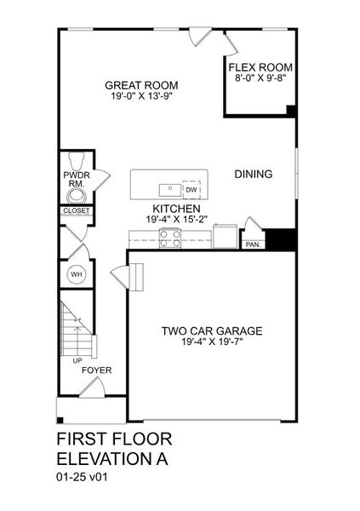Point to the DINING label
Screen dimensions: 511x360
pyautogui.click(x=253, y=174)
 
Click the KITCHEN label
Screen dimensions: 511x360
pyautogui.click(x=176, y=209)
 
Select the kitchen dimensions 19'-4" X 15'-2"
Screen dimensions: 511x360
pyautogui.click(x=176, y=220)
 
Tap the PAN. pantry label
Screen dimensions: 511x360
pyautogui.click(x=253, y=244)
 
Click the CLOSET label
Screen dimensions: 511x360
pyautogui.click(x=76, y=210)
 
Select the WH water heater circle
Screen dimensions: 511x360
pyautogui.click(x=76, y=274)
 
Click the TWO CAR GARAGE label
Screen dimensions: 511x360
pyautogui.click(x=212, y=331)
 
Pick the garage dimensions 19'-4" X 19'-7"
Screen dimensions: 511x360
pyautogui.click(x=212, y=343)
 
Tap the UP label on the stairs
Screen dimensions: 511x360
pyautogui.click(x=66, y=360)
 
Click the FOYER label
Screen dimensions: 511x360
pyautogui.click(x=94, y=370)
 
